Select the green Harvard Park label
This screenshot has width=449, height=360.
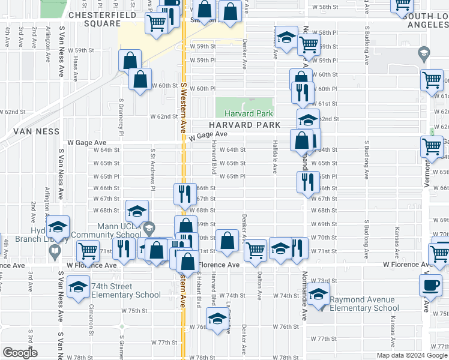coord(249,113)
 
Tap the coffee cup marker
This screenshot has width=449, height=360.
coord(430,285)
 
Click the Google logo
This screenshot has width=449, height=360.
coord(20,352)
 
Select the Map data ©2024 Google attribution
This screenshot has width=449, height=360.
coord(411,355)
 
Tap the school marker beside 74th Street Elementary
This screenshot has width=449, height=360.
coord(79,287)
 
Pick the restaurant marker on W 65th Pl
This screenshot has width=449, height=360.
coord(307,181)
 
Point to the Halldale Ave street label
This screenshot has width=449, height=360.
coord(275,161)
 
